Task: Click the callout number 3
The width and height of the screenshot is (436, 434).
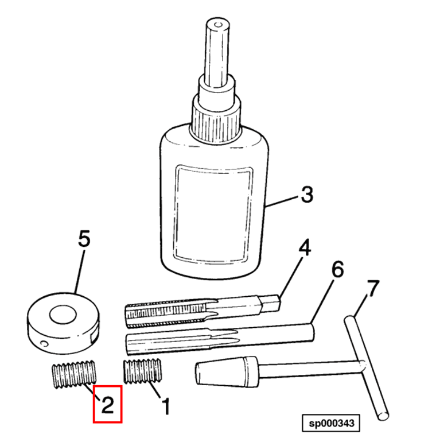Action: coord(307,195)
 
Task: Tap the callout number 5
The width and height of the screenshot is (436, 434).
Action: coord(84,238)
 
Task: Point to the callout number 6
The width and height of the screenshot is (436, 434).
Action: coord(337,269)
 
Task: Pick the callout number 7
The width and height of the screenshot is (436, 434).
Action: coord(373,288)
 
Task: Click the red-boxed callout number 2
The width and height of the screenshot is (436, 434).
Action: coord(108,404)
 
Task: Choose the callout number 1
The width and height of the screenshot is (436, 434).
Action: coord(166,406)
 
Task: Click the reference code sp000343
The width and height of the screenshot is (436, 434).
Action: coord(332,424)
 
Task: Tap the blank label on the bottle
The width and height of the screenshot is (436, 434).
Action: coord(213,214)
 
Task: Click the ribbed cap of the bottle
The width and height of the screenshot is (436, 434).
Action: coord(216,120)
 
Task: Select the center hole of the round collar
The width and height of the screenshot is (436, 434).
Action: coord(63,315)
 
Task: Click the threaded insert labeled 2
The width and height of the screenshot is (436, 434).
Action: coord(74,374)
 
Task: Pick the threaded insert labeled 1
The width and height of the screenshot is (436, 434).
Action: coord(142,371)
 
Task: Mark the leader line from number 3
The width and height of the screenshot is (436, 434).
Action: coord(283,201)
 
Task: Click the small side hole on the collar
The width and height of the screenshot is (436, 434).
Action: coord(44,344)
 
